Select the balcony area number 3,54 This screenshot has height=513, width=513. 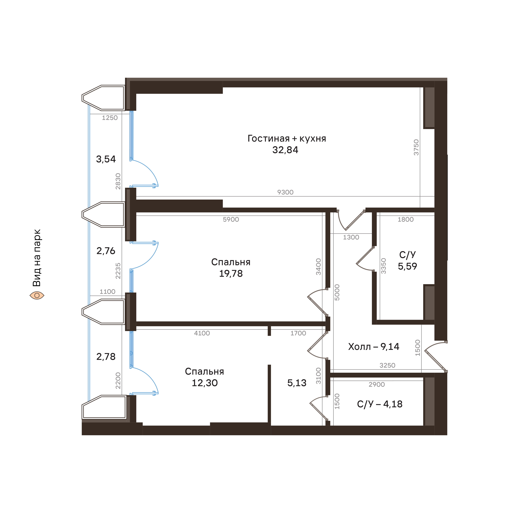106,159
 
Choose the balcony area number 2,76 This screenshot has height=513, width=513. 106,251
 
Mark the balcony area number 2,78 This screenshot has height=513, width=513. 106,357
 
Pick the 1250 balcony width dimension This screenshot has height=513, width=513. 110,118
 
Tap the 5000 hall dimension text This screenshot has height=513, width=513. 337,292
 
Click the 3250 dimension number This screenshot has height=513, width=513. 387,365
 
